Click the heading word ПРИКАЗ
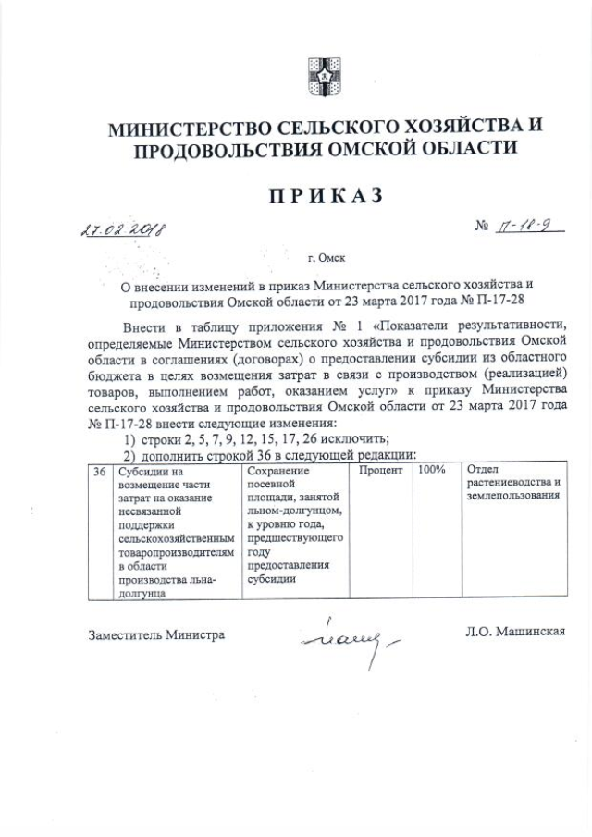tap(325, 195)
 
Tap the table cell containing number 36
tap(100, 471)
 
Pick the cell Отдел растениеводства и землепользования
tap(514, 483)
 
